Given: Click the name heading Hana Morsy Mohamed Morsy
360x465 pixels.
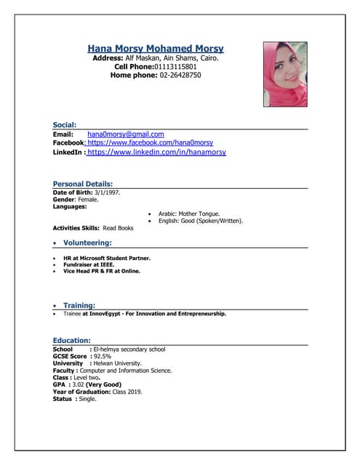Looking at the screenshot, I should pos(156,49).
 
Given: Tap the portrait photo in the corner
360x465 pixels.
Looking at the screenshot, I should pos(285,74).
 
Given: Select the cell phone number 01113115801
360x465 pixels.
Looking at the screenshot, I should pos(180,66).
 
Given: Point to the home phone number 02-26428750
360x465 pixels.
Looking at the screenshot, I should pos(180,75).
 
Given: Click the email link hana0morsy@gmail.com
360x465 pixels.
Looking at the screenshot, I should pos(126,134).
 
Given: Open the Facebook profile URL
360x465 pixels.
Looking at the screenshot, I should pos(150,143).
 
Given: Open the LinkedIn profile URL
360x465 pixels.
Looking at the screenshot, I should pos(156,153).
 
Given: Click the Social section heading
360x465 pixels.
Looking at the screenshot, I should pos(65,125).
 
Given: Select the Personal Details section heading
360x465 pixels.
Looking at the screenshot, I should pos(83,184).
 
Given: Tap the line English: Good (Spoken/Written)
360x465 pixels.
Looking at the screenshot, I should pos(201,221).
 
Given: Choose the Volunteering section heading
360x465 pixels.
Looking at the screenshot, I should pos(87,243).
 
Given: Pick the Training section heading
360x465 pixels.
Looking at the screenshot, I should pos(79,306).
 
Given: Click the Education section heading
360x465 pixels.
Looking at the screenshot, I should pos(71,340).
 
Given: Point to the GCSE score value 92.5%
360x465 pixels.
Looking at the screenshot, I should pos(103,356).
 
